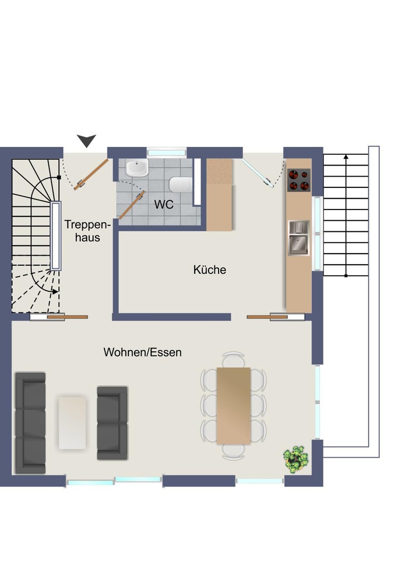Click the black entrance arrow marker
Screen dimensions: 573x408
(86, 141)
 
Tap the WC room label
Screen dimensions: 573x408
(164, 204)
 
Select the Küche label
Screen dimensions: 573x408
(210, 270)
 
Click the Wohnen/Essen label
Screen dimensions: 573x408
(142, 352)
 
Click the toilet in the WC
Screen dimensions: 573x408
(180, 185)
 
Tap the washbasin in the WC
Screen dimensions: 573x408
(137, 169)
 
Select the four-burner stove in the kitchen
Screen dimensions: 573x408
(299, 180)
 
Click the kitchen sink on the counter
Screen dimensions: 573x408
(299, 237)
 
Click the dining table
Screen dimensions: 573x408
(233, 405)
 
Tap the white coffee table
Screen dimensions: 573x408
(72, 423)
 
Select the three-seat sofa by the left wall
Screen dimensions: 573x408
(30, 423)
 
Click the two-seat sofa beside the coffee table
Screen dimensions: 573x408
(112, 423)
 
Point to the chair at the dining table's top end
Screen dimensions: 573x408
(233, 359)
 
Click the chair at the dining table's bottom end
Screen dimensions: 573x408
(233, 452)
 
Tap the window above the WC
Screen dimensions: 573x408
(167, 152)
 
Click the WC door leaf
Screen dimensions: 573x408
(131, 205)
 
